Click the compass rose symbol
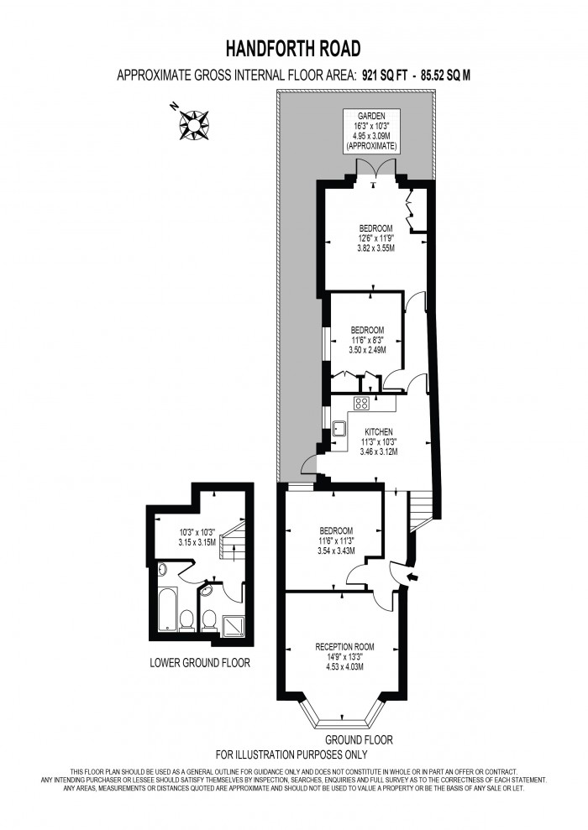point(194,124)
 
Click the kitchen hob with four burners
point(363,404)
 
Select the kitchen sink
point(340,430)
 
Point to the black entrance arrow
point(412,577)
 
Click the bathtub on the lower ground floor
point(168,608)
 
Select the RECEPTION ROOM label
point(344,646)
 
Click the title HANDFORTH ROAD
point(293,48)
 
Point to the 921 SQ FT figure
point(391,76)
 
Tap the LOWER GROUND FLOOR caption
point(200,663)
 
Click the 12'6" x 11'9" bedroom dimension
point(375,238)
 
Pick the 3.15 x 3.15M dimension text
point(197,542)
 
